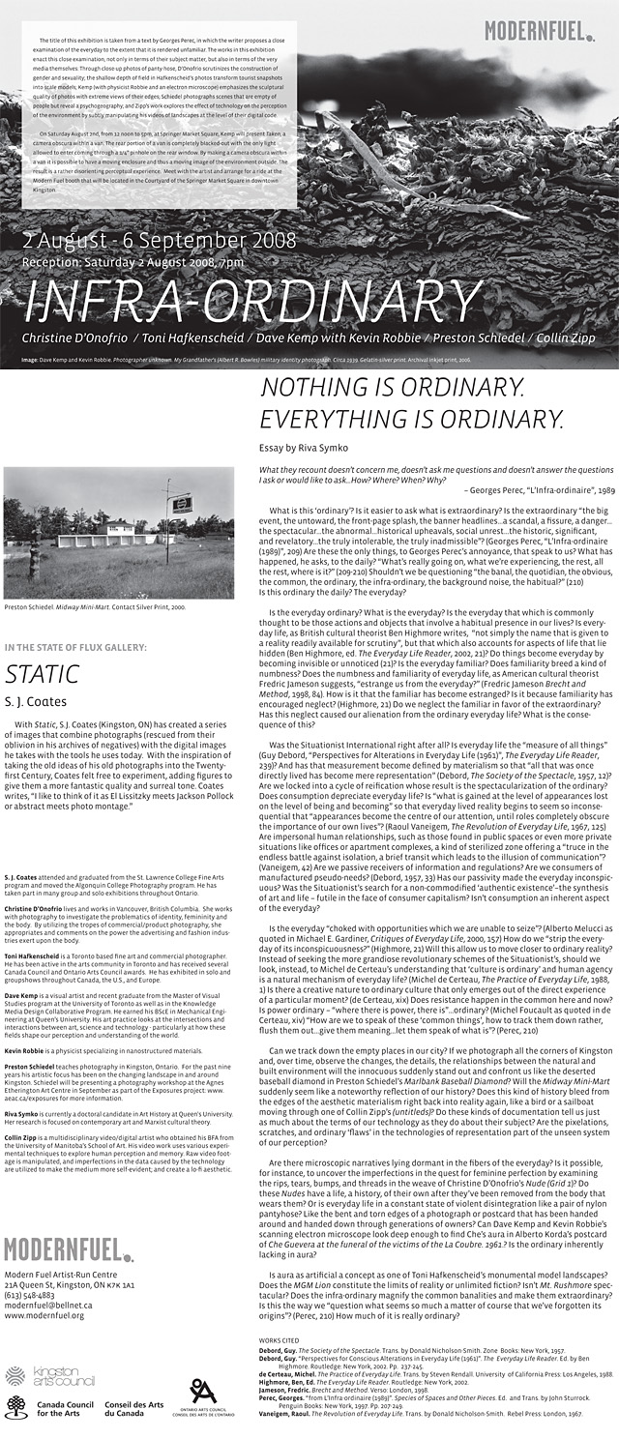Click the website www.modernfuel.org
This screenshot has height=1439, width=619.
pyautogui.click(x=44, y=1314)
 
